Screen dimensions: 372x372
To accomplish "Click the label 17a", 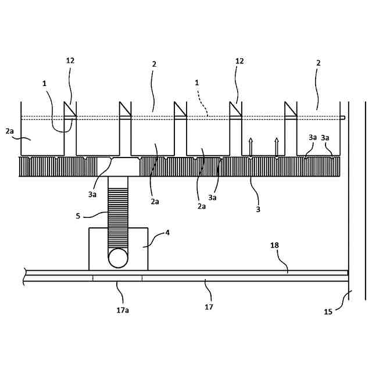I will pos(122,310).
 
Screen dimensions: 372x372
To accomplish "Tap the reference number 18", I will pos(274,246).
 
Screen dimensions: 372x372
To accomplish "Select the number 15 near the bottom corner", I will pos(328,312).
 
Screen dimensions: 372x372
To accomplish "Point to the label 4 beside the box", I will pos(167,233).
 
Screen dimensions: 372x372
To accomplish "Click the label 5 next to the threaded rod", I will pos(78,216).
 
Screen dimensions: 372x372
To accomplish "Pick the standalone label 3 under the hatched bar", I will pos(258,209).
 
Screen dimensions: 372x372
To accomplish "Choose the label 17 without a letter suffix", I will pos(208,307).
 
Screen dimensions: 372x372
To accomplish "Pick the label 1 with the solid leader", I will pos(44,83).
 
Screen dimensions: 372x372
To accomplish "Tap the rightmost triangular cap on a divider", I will pos(290,109).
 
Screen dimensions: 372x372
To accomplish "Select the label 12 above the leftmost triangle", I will pos(70,60).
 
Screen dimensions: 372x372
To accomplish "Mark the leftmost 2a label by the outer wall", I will pos(9,132).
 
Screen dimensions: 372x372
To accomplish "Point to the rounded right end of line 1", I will pos(344,119).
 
